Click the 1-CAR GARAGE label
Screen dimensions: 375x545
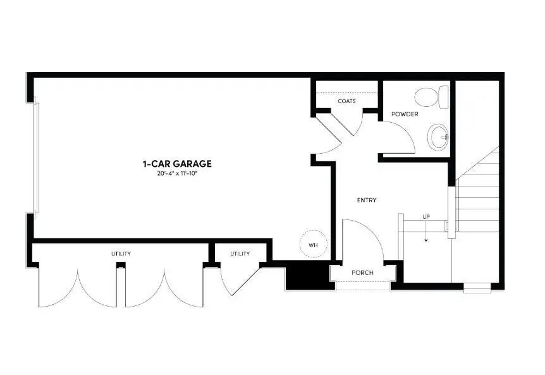(x=176, y=164)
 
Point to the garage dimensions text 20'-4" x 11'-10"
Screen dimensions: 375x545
(x=176, y=173)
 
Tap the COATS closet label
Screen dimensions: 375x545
(x=346, y=101)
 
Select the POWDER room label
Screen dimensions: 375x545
(x=405, y=114)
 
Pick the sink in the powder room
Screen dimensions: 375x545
(x=438, y=135)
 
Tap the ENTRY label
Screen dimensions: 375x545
(x=367, y=200)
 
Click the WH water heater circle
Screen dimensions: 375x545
(x=312, y=244)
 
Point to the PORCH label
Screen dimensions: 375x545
(x=363, y=273)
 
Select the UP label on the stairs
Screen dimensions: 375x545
(x=426, y=218)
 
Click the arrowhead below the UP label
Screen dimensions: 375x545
(x=426, y=240)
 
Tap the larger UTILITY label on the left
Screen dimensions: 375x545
(x=121, y=254)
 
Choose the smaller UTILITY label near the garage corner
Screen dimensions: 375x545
(x=240, y=254)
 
